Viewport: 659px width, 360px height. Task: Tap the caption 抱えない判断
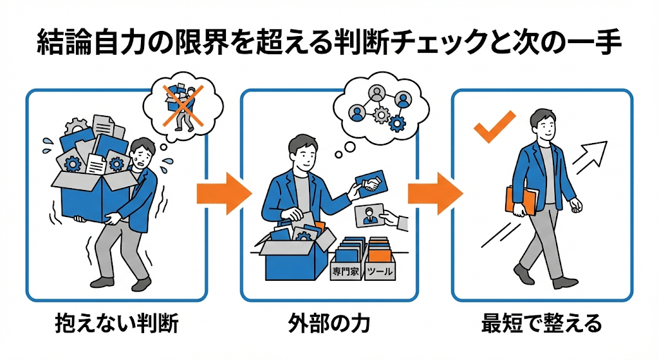[x=117, y=324]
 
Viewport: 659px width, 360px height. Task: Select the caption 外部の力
[x=329, y=324]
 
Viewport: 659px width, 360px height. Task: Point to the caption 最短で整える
[x=542, y=324]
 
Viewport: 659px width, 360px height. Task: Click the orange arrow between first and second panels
[x=224, y=194]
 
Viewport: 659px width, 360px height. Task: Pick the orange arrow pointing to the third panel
[x=436, y=194]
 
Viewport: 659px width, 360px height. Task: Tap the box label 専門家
[x=346, y=272]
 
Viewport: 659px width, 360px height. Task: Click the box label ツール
[x=380, y=272]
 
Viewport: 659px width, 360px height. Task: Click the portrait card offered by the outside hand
[x=369, y=216]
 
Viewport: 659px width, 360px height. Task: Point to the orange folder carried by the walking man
[x=521, y=201]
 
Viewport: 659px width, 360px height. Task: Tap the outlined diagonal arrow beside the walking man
[x=589, y=157]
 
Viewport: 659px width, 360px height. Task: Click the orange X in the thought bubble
[x=183, y=106]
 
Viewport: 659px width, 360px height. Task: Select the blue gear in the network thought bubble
[x=396, y=123]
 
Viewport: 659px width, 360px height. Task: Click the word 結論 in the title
[x=64, y=43]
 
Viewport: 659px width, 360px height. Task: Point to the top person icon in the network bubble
[x=376, y=93]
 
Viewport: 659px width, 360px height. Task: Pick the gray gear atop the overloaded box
[x=77, y=127]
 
